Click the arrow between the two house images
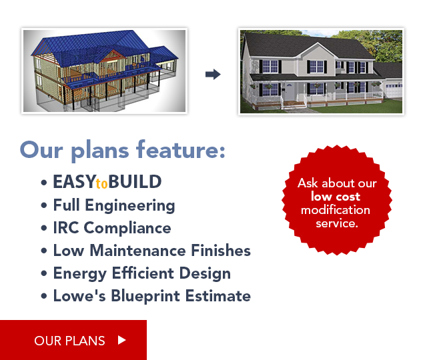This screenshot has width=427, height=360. pos(213,74)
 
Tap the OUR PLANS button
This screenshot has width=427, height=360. pos(73,340)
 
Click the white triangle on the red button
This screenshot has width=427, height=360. pos(121,340)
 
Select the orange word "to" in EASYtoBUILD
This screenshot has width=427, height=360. pos(102,184)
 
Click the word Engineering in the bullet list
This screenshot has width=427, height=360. pos(130,206)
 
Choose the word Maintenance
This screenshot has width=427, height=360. pos(137,251)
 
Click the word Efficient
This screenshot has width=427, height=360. pos(143,273)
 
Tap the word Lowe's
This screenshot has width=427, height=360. pos(79,296)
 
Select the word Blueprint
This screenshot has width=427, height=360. pos(145,296)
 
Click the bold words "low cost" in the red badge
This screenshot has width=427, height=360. pos(336,197)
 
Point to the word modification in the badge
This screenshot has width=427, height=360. pos(336,210)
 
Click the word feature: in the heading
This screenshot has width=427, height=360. pos(181,149)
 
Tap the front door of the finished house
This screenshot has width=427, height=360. pos(290,92)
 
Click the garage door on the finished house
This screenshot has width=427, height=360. pos(394,91)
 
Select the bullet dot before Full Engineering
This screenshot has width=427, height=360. pos(44,205)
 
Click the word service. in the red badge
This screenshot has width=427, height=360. pos(337,224)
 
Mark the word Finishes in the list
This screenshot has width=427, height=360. pos(221,251)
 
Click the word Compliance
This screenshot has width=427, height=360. pos(127,229)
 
